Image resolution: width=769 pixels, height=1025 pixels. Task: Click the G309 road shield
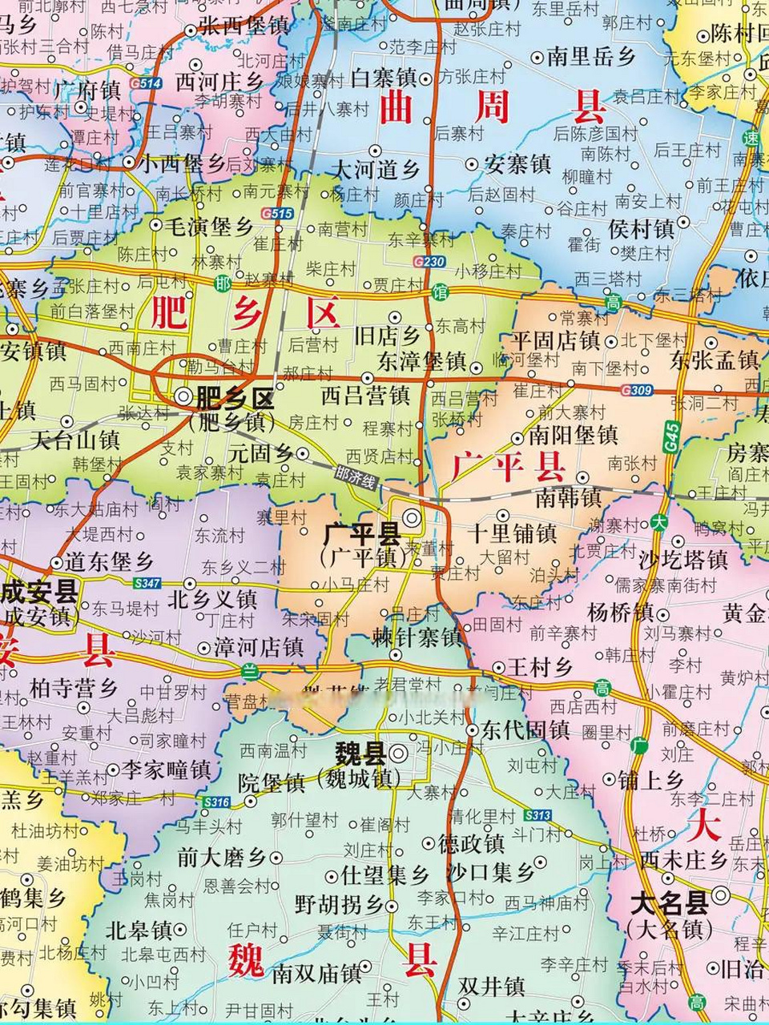click(x=636, y=391)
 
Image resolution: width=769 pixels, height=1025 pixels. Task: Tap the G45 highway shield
click(x=671, y=435)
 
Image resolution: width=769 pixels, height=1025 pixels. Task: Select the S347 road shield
click(x=147, y=584)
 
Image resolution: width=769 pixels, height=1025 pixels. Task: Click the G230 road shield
click(x=429, y=262)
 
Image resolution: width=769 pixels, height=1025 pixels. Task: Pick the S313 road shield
click(x=537, y=815)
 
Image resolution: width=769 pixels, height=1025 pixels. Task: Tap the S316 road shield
click(x=216, y=802)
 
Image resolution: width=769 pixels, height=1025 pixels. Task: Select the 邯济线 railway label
click(x=355, y=478)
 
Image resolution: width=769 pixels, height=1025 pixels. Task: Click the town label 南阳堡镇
click(x=574, y=435)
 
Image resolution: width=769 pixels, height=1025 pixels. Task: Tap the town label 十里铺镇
click(x=513, y=533)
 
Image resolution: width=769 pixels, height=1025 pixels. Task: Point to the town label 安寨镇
click(x=519, y=165)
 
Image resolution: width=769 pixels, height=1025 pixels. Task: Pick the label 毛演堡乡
click(x=209, y=227)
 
